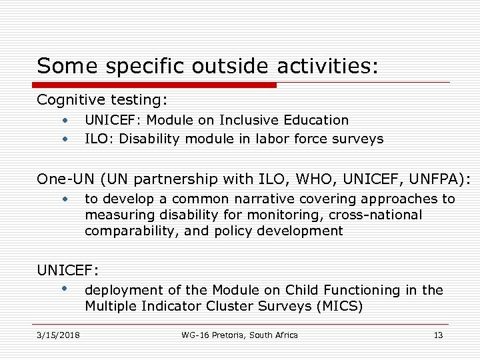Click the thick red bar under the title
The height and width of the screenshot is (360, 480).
pyautogui.click(x=154, y=85)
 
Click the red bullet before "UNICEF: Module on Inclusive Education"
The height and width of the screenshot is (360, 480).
pyautogui.click(x=65, y=121)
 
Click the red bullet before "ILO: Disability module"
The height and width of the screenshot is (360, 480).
pyautogui.click(x=65, y=139)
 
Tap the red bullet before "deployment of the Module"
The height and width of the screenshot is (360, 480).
pyautogui.click(x=65, y=289)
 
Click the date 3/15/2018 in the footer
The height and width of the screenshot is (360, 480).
pyautogui.click(x=59, y=335)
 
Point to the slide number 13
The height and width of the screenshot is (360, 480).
pyautogui.click(x=438, y=335)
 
